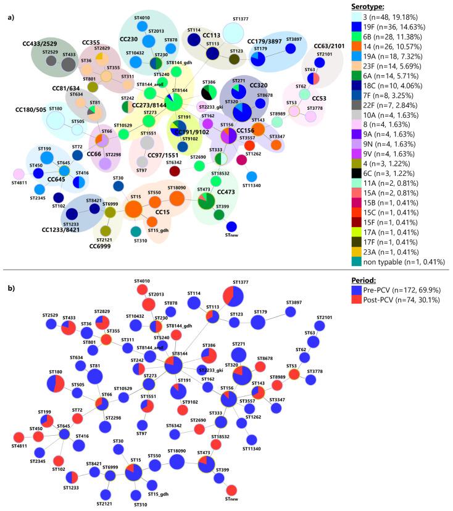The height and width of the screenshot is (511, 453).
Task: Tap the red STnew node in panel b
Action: (231, 489)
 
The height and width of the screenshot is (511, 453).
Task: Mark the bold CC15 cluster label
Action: (163, 212)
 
